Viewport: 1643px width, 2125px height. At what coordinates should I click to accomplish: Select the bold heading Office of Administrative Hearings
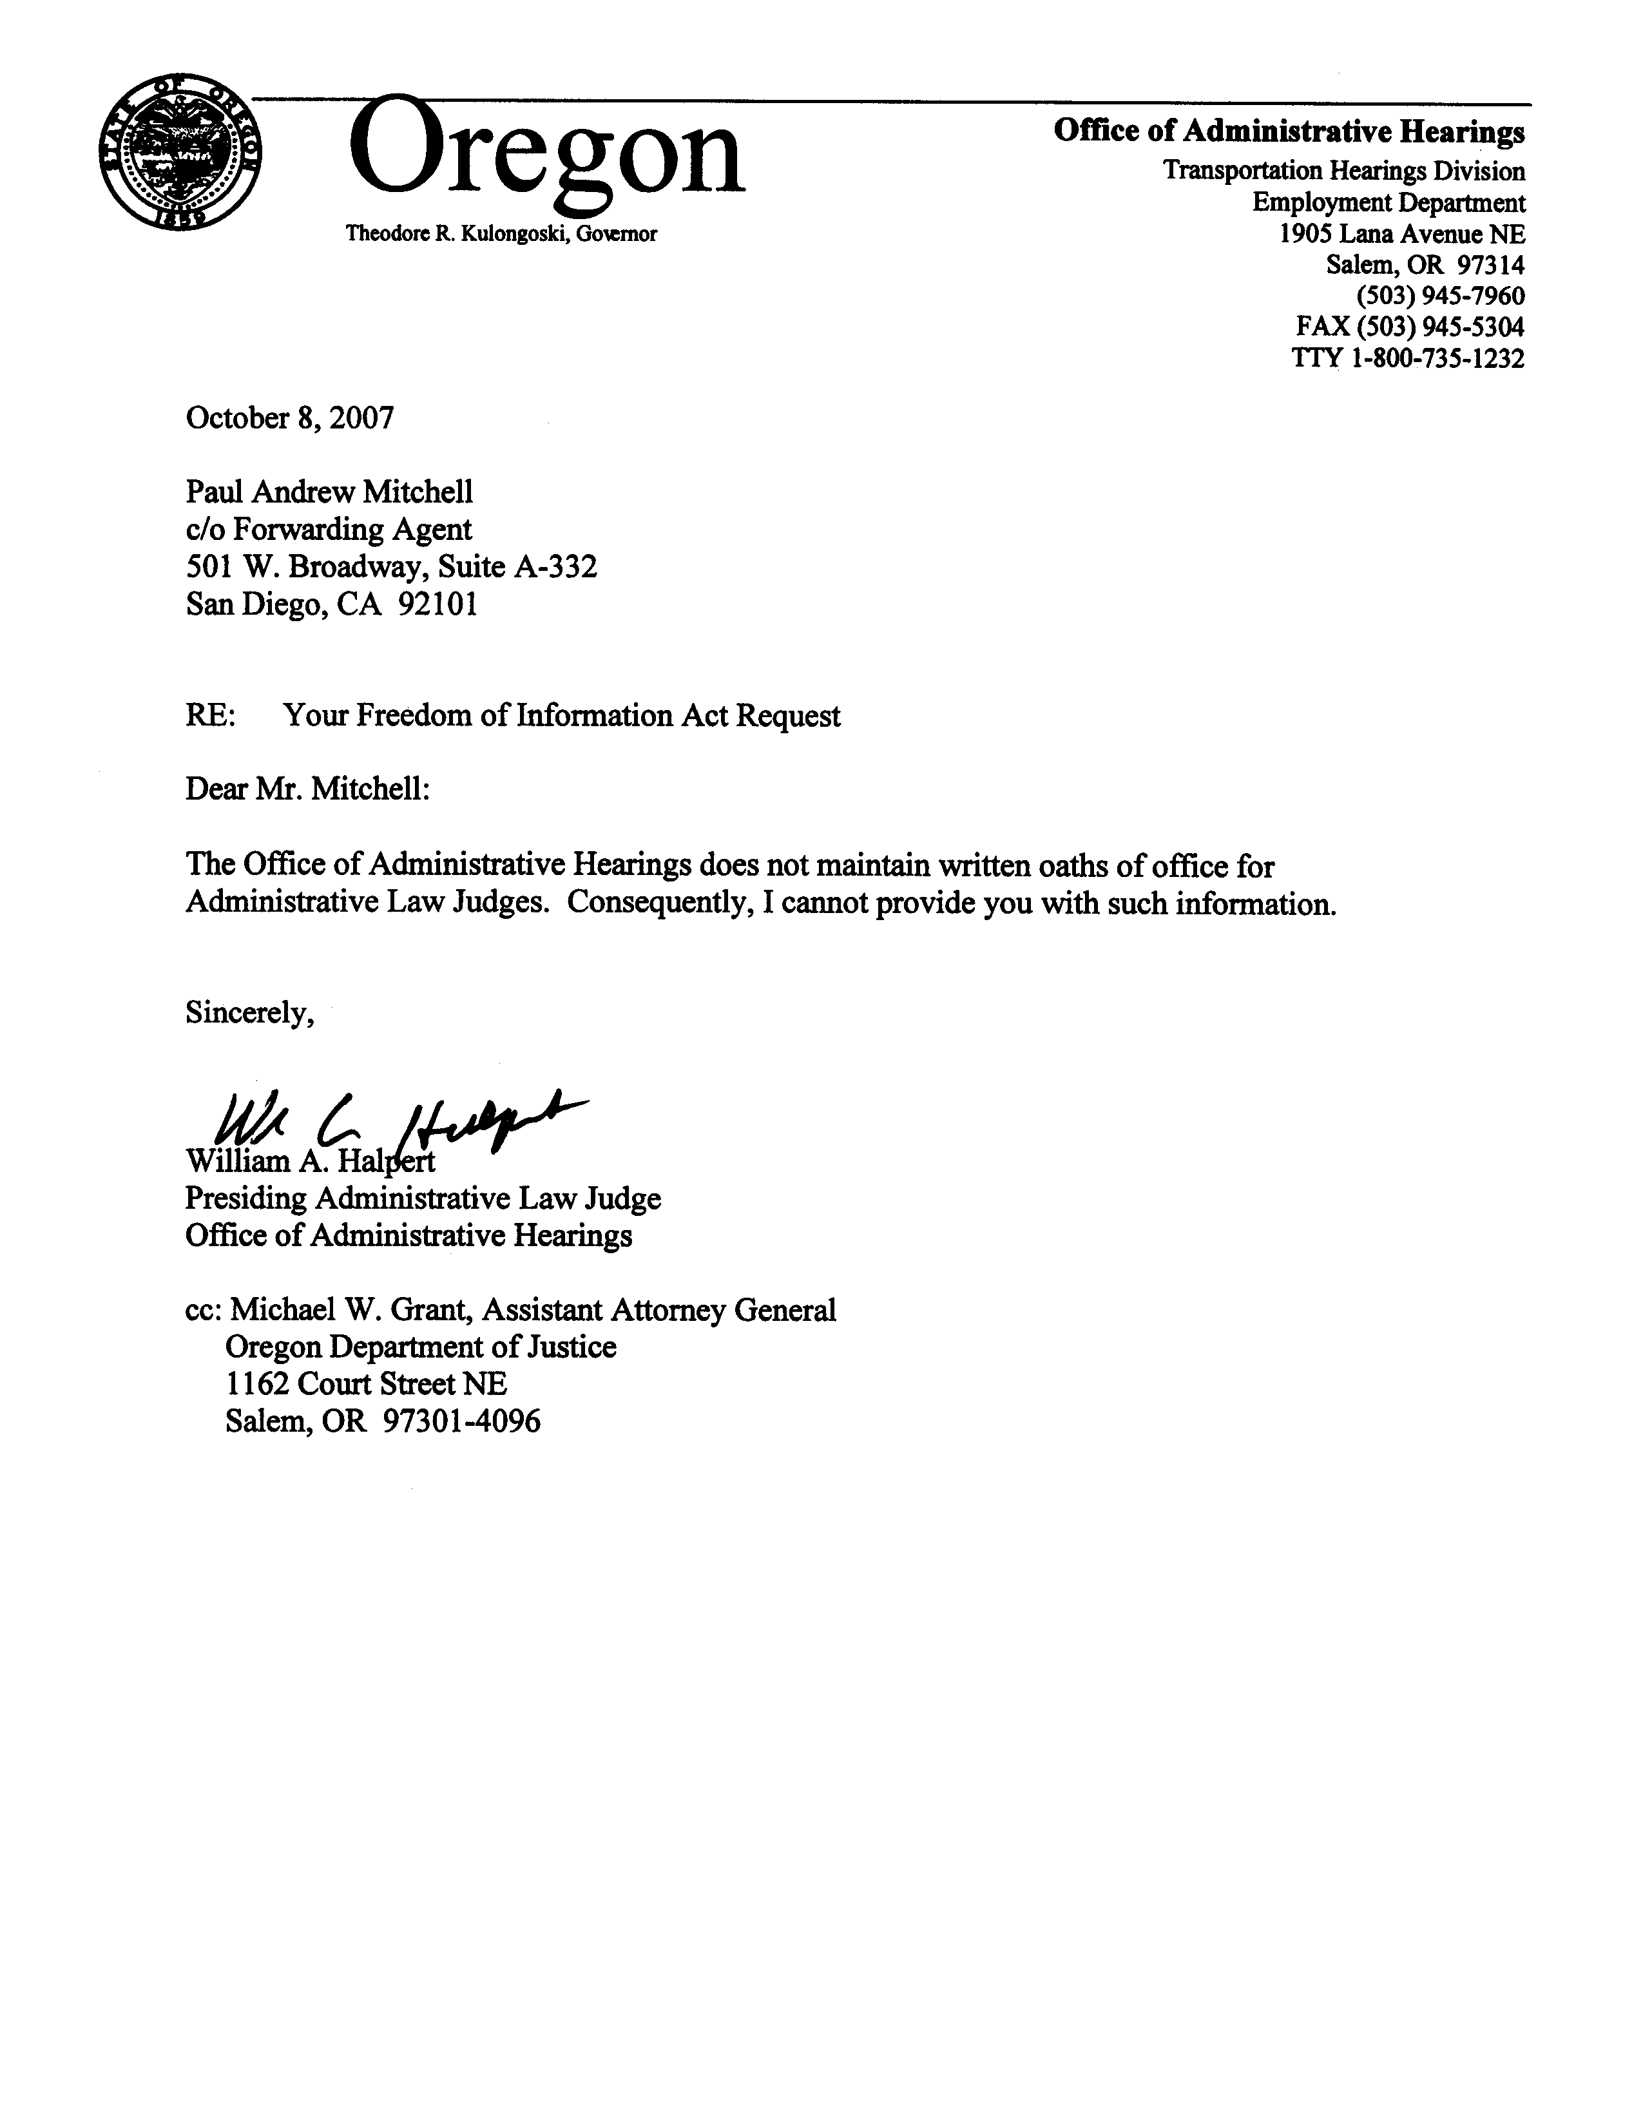point(1289,131)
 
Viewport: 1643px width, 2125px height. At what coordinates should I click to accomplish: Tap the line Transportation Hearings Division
point(1343,171)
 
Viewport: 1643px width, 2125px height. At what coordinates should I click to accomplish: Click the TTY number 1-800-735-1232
point(1437,358)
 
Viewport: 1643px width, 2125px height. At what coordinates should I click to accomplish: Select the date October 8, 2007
point(290,418)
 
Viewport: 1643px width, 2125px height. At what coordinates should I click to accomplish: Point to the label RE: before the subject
point(209,716)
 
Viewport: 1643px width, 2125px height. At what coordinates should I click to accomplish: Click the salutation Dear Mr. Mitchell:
point(307,789)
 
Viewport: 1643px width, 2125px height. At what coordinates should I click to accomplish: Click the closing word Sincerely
point(249,1013)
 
